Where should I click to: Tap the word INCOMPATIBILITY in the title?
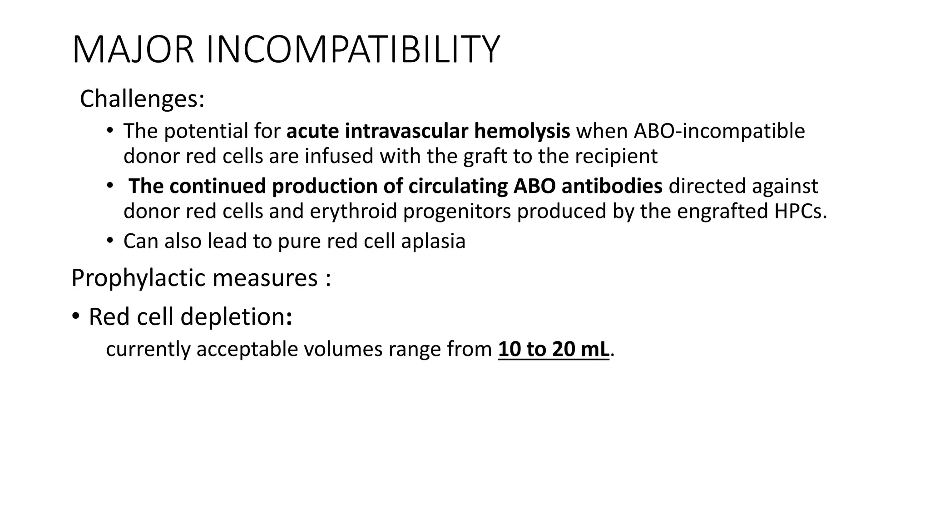(353, 50)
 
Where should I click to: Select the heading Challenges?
(142, 99)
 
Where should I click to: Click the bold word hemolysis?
(522, 131)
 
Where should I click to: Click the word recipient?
(616, 156)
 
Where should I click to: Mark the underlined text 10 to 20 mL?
(554, 349)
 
